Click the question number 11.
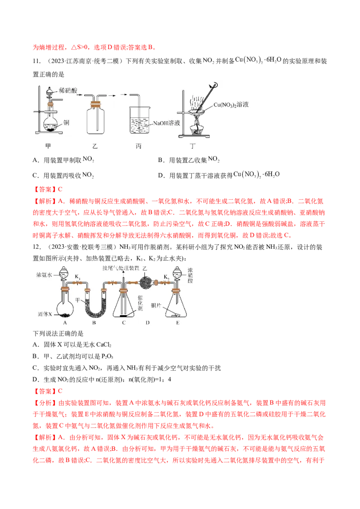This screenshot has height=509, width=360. [36, 61]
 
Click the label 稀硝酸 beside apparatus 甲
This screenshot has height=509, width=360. [68, 90]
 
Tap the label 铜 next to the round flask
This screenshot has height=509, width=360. [66, 122]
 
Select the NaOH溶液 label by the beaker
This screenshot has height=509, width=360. [166, 123]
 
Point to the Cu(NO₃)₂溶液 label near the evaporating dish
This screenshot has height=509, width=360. [231, 104]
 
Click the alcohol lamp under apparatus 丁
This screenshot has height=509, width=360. [197, 128]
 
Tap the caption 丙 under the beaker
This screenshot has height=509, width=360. [139, 146]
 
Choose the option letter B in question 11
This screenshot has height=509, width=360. [160, 160]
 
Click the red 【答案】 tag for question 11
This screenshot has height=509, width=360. [45, 189]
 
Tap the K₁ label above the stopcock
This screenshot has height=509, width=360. [78, 277]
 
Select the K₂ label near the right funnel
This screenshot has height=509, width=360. [166, 277]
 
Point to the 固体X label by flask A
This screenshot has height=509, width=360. [45, 314]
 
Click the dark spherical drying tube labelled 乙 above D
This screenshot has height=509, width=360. [145, 283]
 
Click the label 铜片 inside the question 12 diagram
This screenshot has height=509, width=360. [156, 305]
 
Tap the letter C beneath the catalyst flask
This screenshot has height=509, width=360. [123, 323]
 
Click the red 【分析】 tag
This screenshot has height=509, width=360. [45, 403]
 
